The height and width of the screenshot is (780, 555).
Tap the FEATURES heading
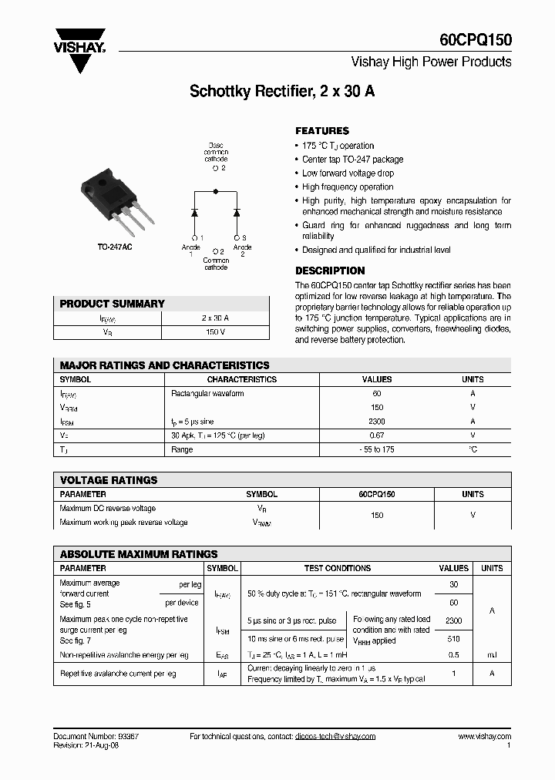[322, 131]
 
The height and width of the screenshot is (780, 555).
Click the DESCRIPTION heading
[330, 271]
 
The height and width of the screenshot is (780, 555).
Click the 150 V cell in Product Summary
[216, 332]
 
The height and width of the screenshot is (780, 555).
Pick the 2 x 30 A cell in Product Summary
[216, 318]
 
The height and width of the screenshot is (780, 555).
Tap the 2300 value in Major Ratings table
[377, 422]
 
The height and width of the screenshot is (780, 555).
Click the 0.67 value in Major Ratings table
[377, 435]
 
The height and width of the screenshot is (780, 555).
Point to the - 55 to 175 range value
[377, 449]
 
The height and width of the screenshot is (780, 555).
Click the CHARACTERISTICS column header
[242, 379]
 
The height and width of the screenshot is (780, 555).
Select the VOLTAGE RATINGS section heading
[109, 479]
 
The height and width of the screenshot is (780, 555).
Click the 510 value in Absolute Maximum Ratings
[453, 638]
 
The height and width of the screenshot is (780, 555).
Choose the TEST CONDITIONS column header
[338, 568]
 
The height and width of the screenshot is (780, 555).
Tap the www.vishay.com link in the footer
[484, 737]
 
